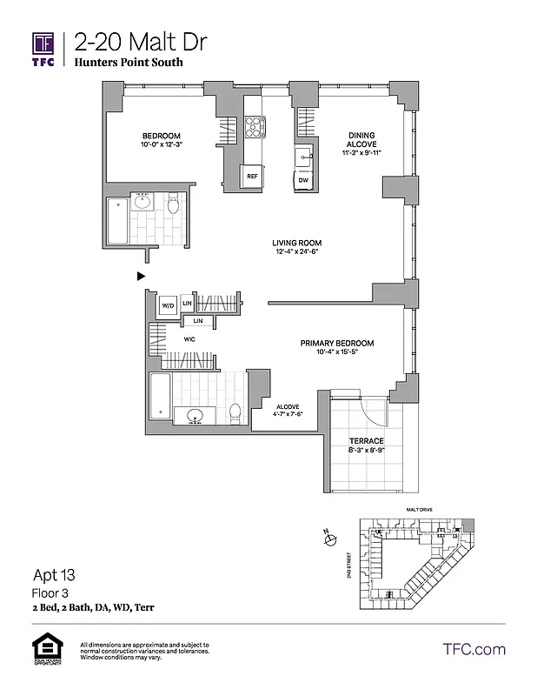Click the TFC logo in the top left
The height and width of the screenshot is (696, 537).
tap(43, 47)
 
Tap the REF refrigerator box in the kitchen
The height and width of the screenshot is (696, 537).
tap(252, 176)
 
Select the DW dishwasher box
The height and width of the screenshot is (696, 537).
tap(303, 180)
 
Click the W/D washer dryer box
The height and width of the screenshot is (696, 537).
tap(169, 305)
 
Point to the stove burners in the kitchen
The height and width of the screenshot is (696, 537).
tap(255, 128)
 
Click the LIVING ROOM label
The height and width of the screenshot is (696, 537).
tap(297, 243)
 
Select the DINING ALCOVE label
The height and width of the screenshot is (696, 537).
tap(361, 141)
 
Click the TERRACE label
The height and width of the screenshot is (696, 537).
tap(366, 441)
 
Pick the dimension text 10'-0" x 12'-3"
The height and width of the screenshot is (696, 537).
tap(162, 145)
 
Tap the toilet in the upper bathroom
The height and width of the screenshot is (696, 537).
tap(173, 205)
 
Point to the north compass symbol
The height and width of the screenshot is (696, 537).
tap(328, 539)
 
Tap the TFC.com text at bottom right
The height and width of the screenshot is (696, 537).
tap(474, 649)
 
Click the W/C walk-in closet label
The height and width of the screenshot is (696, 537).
tap(189, 338)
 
